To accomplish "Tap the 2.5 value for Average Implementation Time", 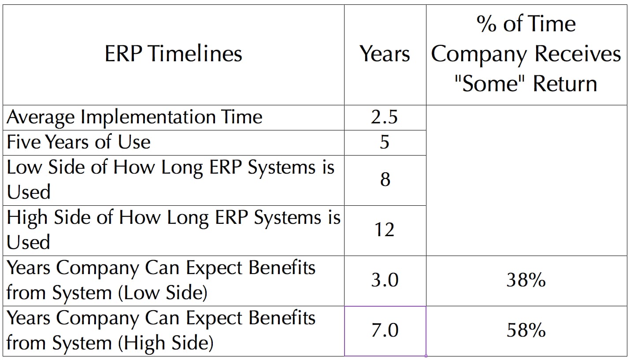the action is click(384, 117).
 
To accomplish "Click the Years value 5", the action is click(385, 142).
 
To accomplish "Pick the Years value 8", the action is click(385, 179).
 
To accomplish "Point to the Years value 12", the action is click(384, 230).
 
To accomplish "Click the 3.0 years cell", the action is click(385, 280).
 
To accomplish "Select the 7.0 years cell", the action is click(385, 330).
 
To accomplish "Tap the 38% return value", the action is click(526, 280).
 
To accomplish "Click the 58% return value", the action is click(526, 330).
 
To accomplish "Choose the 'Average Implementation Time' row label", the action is click(134, 118).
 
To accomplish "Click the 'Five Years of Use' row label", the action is click(78, 142).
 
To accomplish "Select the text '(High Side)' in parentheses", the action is click(166, 343).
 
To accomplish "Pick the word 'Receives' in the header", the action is click(578, 54).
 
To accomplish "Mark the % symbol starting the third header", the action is click(486, 24).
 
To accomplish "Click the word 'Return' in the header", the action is click(565, 84).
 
